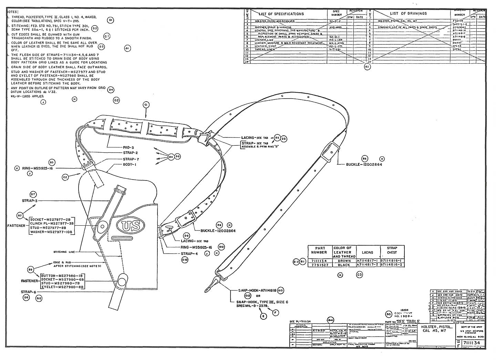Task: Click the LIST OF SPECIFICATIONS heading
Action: point(281,14)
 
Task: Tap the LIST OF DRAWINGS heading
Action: point(408,13)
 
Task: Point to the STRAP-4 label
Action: point(189,254)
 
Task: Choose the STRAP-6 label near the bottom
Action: point(28,291)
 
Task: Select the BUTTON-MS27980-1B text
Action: point(62,276)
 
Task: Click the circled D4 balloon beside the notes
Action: point(111,90)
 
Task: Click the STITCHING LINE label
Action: point(64,252)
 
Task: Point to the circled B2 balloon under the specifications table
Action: point(367,67)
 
